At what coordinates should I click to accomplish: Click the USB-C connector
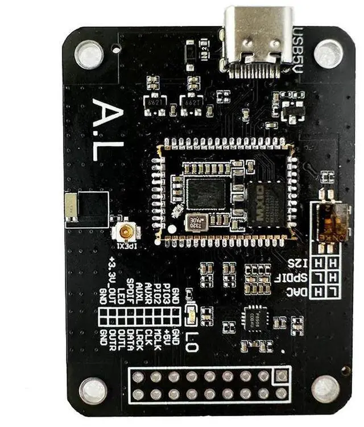(x=259, y=37)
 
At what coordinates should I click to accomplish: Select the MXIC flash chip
(x=266, y=202)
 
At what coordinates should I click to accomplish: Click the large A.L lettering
(x=107, y=130)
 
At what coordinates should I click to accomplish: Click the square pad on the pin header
(x=281, y=376)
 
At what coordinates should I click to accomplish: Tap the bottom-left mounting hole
(x=93, y=391)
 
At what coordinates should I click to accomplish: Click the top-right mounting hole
(x=329, y=54)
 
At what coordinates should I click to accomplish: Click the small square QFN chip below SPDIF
(x=254, y=317)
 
